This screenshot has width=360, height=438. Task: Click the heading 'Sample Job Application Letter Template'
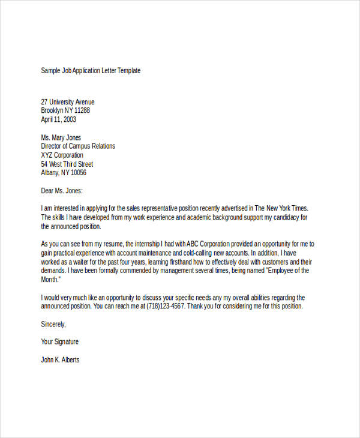click(91, 71)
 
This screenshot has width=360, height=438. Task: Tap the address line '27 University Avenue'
click(67, 102)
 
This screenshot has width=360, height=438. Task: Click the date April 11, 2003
click(58, 119)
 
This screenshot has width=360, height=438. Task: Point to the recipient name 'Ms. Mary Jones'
click(61, 137)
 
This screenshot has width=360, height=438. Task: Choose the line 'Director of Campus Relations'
click(78, 146)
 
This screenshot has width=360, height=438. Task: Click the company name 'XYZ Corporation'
click(62, 155)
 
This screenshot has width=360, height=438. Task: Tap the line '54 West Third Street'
click(67, 164)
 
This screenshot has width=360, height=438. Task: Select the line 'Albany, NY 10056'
click(64, 173)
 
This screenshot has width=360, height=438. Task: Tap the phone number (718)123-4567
click(163, 306)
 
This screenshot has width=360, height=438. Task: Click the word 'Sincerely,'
click(53, 324)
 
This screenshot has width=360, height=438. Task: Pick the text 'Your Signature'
click(59, 342)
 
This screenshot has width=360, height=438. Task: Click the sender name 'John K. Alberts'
click(60, 360)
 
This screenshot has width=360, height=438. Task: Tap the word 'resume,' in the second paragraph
click(113, 244)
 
